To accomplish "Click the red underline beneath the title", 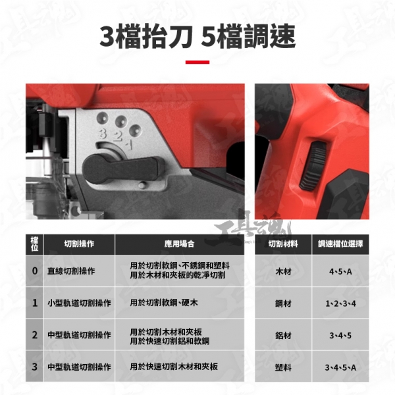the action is (197, 62).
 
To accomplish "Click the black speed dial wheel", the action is (313, 165).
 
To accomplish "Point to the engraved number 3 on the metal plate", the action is (103, 134).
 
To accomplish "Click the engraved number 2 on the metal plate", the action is (118, 136).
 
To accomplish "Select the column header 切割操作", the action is (79, 244).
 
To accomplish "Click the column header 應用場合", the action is (179, 244).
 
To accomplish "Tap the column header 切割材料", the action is (283, 244).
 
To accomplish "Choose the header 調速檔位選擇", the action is (340, 244).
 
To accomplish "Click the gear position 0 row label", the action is (35, 271).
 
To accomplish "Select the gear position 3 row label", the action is (35, 367).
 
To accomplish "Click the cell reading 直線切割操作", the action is (71, 271).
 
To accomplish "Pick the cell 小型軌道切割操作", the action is (79, 303).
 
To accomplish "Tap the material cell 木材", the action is (283, 271).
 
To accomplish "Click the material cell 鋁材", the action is (283, 336).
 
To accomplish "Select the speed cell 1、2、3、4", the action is (340, 303).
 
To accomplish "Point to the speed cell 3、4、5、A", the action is (340, 367).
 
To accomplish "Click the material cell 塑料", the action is (283, 367).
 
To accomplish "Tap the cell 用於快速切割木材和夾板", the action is (174, 367).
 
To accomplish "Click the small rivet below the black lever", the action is (142, 185).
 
